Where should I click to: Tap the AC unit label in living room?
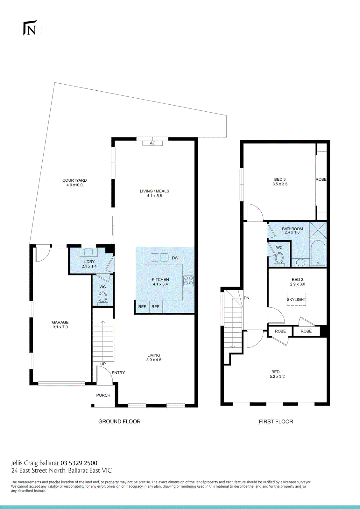[153, 143]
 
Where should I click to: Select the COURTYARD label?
[74, 182]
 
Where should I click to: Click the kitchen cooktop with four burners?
[188, 281]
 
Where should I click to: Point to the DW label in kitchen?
[175, 258]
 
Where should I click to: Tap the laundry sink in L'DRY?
[88, 252]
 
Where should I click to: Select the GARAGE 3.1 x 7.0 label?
[60, 324]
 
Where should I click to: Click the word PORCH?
[103, 395]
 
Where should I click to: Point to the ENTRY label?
[118, 373]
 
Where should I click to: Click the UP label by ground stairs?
[103, 364]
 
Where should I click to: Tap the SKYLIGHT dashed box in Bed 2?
[296, 299]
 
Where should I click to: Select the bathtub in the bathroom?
[318, 253]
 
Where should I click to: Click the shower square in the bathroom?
[318, 230]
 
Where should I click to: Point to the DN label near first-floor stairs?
[247, 298]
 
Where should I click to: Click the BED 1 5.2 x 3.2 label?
[277, 374]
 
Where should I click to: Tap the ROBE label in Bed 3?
[321, 179]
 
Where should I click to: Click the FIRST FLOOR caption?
[276, 422]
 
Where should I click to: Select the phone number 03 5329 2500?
[79, 463]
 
